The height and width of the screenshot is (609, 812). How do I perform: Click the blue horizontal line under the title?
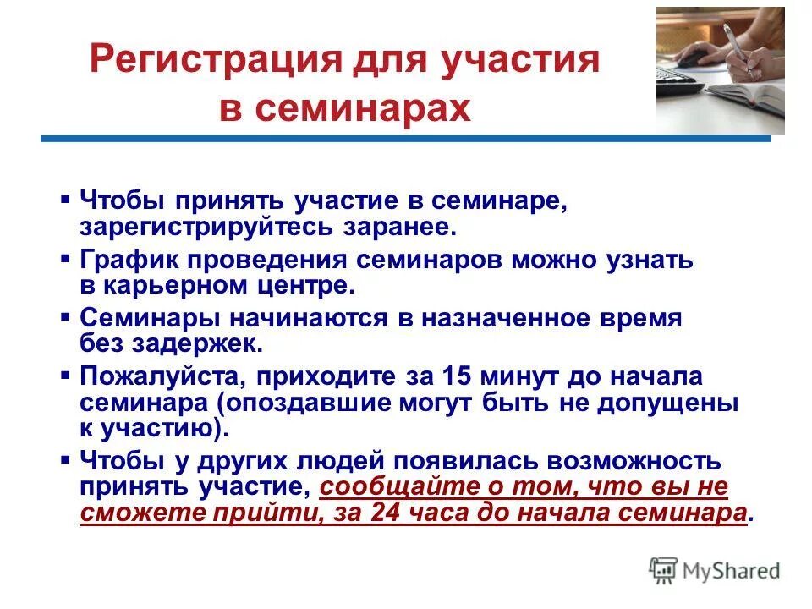406,138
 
